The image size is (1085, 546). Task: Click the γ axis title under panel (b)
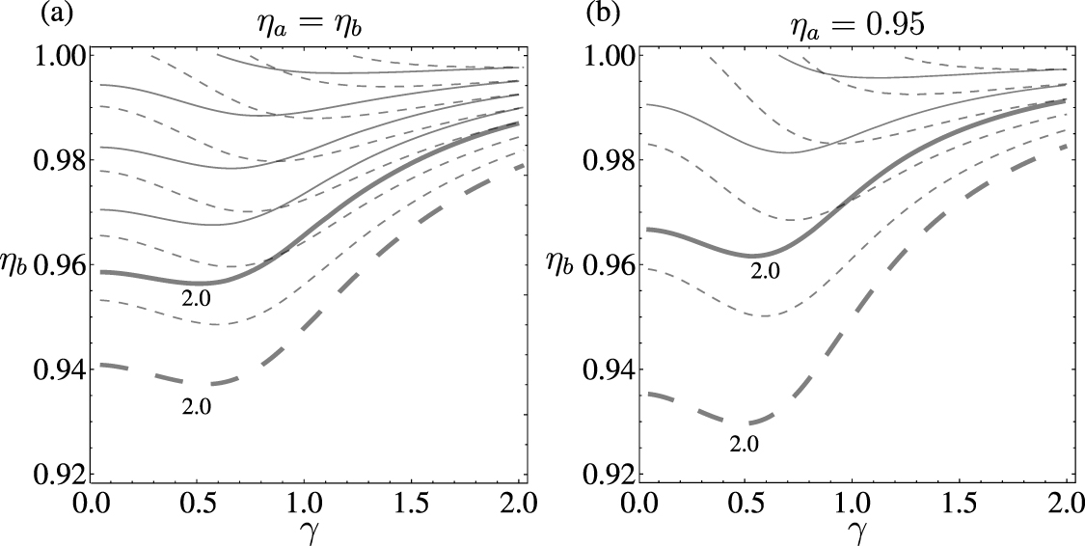[852, 532]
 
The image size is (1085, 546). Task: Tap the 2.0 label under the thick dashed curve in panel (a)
[196, 405]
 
